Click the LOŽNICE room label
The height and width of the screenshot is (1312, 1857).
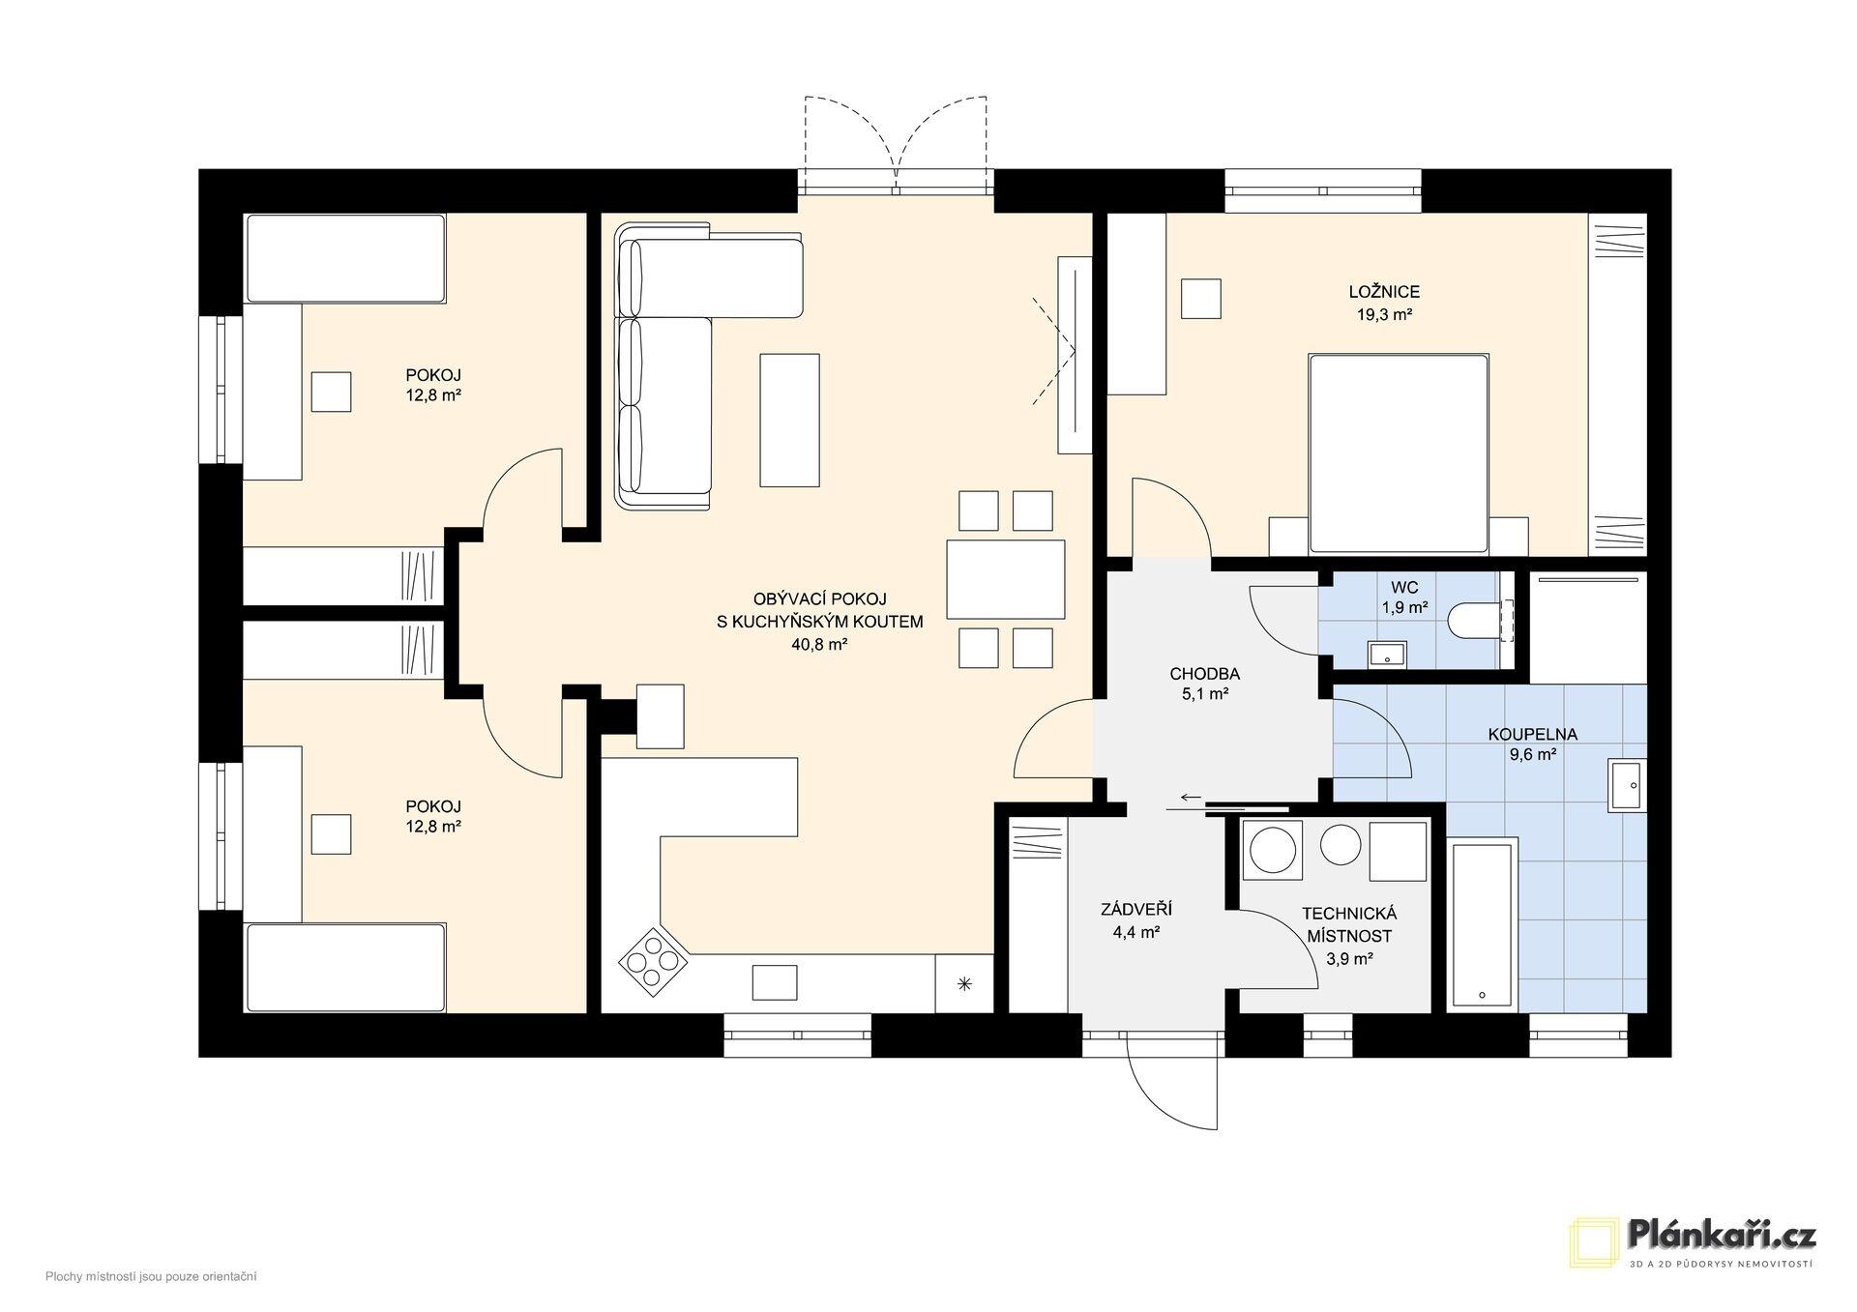[x=1384, y=292]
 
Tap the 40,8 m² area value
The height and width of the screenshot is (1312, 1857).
[x=819, y=645]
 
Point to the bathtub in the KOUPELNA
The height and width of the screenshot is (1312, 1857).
[x=1483, y=925]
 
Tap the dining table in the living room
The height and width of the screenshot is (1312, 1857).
[x=1005, y=579]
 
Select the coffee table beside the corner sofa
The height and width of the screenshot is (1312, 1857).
[x=789, y=420]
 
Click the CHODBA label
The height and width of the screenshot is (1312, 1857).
[x=1204, y=674]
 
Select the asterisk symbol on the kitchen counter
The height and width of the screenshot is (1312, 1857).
[x=963, y=984]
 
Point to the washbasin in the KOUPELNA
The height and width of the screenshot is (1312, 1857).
[x=1627, y=784]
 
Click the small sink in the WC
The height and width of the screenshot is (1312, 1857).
[x=1389, y=655]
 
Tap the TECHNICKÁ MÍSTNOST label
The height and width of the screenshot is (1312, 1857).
[x=1349, y=924]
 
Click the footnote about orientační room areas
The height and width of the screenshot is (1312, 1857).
[x=151, y=1277]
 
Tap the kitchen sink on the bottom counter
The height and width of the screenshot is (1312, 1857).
[x=776, y=982]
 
